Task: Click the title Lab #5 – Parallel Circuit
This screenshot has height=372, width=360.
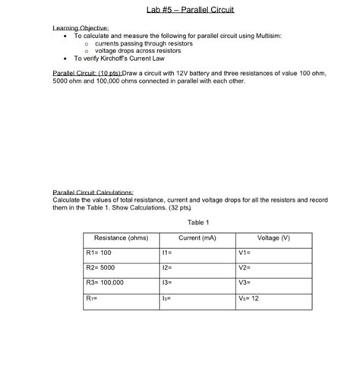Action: [x=180, y=11]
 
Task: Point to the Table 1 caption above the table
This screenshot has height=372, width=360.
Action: [x=197, y=222]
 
